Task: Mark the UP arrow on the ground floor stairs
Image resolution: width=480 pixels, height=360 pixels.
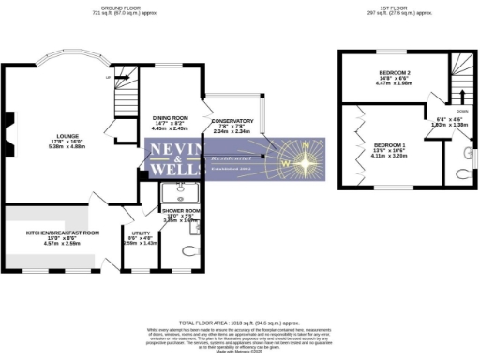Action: coord(109,78)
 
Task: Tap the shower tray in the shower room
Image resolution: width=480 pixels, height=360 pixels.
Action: coord(174,194)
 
